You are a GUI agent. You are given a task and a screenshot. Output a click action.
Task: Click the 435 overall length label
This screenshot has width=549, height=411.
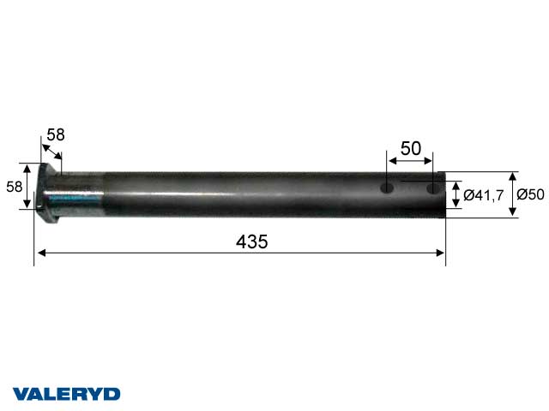pyautogui.click(x=251, y=242)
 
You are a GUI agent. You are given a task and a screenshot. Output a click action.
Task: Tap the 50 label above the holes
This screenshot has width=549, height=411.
pyautogui.click(x=411, y=148)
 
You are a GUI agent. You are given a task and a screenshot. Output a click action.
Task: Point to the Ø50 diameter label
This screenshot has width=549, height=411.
pyautogui.click(x=531, y=194)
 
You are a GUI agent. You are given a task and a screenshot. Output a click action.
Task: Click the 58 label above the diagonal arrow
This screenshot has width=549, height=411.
pyautogui.click(x=56, y=134)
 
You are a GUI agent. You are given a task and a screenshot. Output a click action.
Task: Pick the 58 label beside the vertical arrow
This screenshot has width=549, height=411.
pyautogui.click(x=15, y=186)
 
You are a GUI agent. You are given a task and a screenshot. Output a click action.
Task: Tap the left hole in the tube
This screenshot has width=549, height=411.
pyautogui.click(x=387, y=187)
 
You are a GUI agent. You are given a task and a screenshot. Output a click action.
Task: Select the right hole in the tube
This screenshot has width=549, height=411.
pyautogui.click(x=433, y=187)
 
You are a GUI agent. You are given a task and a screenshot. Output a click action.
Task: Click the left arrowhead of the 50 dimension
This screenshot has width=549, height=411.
pyautogui.click(x=391, y=159)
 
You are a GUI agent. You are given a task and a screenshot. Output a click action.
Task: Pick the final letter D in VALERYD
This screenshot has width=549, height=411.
pyautogui.click(x=113, y=393)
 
